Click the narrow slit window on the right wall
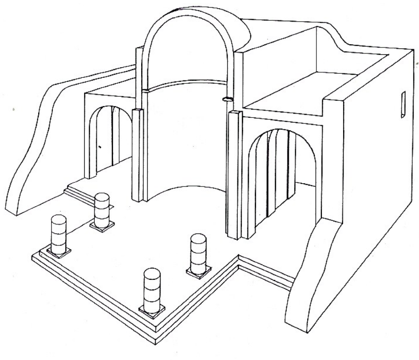(403, 105)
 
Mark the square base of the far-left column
(58, 252)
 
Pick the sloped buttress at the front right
(313, 276)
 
